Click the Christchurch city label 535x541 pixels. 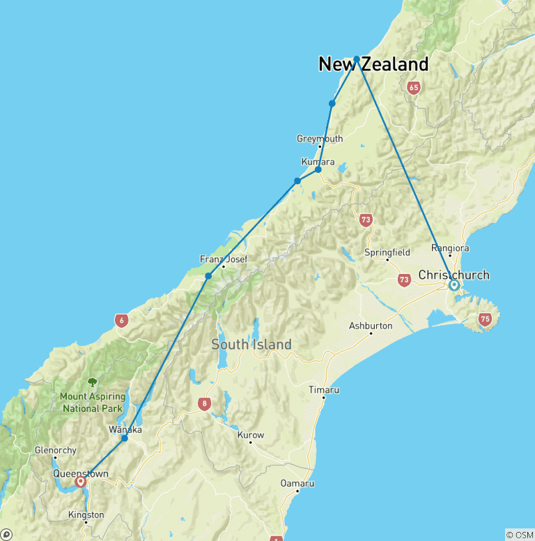coord(453,275)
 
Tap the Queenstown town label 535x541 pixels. coord(81,474)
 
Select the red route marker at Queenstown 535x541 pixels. coord(81,481)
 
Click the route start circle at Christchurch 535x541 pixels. coord(453,285)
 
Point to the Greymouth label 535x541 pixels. coord(320,139)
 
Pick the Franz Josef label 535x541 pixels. coord(224,259)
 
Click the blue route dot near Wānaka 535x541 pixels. coord(125,438)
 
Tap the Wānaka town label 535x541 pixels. coord(125,429)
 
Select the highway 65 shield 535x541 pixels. coord(414,88)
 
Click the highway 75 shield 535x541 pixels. coord(485,320)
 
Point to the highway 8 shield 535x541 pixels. coord(204,403)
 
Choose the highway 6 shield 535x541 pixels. coord(122,320)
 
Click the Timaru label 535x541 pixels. coord(324,390)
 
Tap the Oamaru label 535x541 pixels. coord(297,483)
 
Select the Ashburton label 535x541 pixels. coord(371,326)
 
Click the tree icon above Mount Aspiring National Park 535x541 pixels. coord(92,382)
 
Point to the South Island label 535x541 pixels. coord(251,344)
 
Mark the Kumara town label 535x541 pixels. coord(313,162)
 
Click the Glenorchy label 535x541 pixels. coord(56,450)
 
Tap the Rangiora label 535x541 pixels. coord(451,247)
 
